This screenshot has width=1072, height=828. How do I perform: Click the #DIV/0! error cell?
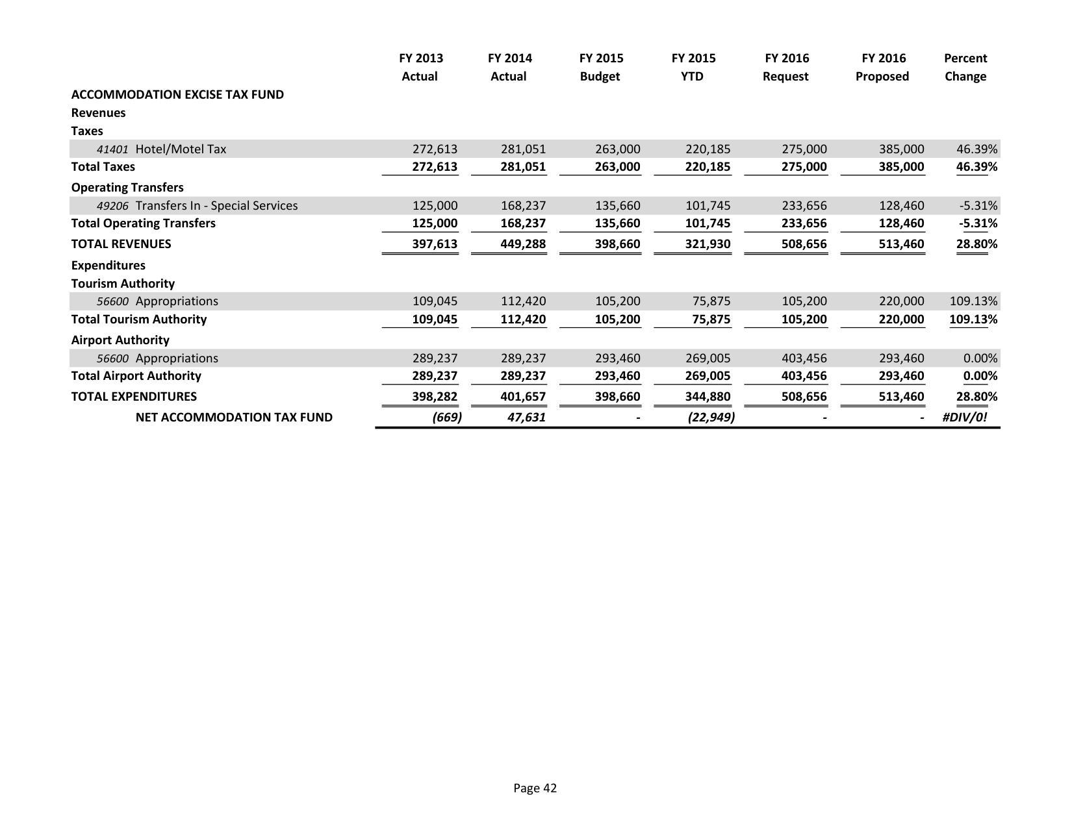(x=964, y=418)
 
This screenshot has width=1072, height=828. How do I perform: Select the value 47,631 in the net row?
(x=526, y=418)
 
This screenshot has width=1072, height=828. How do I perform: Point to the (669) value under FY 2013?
(x=447, y=418)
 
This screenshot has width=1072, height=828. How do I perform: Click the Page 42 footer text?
(x=535, y=788)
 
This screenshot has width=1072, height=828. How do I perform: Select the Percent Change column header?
(x=965, y=68)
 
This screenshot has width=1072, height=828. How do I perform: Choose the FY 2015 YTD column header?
(x=693, y=68)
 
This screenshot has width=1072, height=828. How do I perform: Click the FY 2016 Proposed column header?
(x=882, y=68)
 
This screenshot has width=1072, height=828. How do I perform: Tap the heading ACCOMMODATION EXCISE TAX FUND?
(x=177, y=95)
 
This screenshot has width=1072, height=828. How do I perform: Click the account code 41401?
(x=112, y=149)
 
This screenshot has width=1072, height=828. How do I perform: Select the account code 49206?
(x=112, y=206)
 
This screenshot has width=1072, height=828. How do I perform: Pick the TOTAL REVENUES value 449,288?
(x=523, y=244)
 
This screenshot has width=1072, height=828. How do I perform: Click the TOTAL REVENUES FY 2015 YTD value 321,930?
(x=708, y=244)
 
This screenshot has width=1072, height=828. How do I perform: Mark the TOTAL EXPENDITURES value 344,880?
(x=708, y=397)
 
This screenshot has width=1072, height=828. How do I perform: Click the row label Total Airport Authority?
(x=136, y=376)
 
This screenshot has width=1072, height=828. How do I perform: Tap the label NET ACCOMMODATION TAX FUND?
(x=234, y=418)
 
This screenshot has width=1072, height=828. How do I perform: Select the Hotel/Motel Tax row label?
(x=181, y=149)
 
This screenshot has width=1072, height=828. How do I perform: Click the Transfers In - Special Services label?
(x=216, y=206)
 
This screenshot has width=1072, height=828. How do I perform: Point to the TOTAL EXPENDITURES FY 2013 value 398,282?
(x=435, y=397)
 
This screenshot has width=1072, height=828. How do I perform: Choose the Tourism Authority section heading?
(x=123, y=284)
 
